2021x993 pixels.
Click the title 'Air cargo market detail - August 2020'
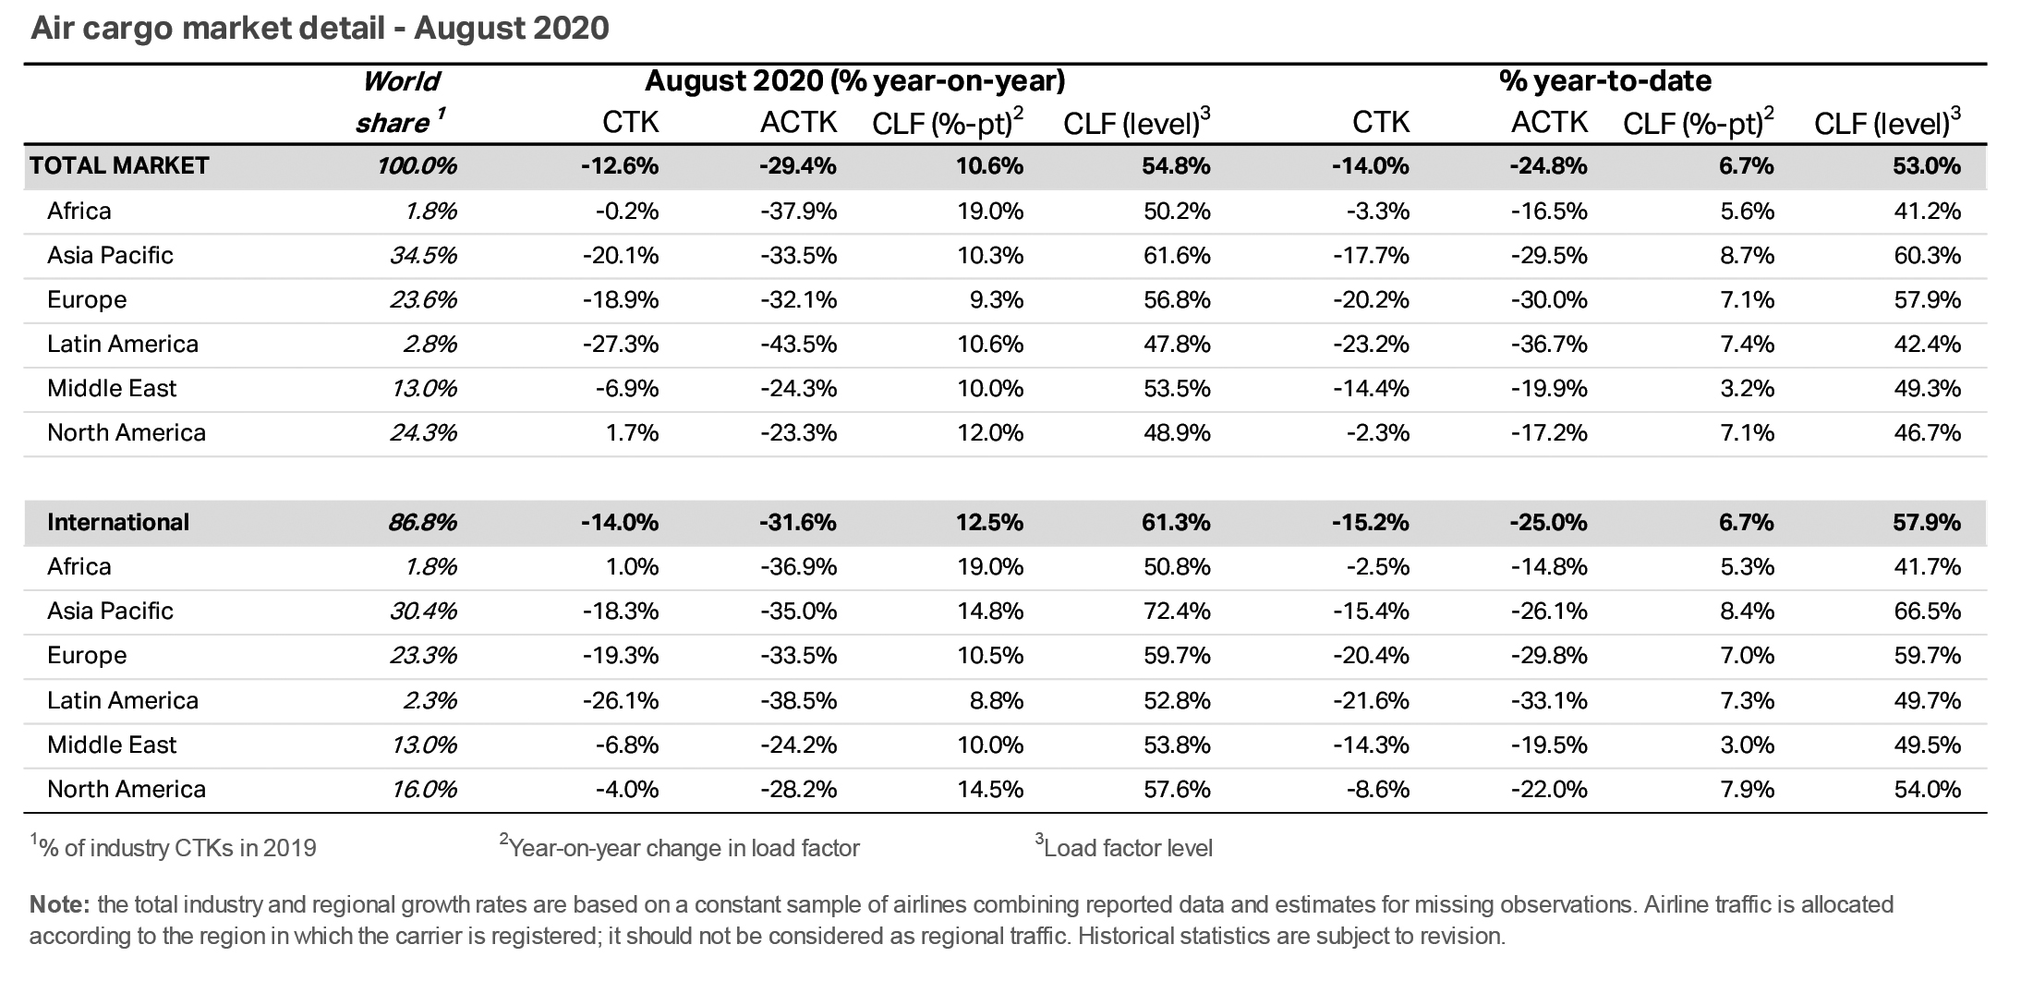320,29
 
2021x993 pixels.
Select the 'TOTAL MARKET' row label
119,166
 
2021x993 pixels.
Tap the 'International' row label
117,523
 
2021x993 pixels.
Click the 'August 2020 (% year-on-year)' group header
854,81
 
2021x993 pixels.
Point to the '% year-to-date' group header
1604,81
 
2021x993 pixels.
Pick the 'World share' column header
400,102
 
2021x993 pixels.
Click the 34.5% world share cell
423,256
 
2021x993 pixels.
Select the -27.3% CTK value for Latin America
620,345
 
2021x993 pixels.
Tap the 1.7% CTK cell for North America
633,433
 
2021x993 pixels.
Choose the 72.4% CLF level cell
1176,612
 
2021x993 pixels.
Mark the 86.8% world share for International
422,523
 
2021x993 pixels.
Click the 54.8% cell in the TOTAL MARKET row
1176,166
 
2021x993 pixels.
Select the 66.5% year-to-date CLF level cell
1927,612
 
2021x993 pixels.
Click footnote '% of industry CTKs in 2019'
175,848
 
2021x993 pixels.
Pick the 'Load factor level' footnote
1126,848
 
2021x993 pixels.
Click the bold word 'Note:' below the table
59,904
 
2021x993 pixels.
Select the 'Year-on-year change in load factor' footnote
683,848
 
